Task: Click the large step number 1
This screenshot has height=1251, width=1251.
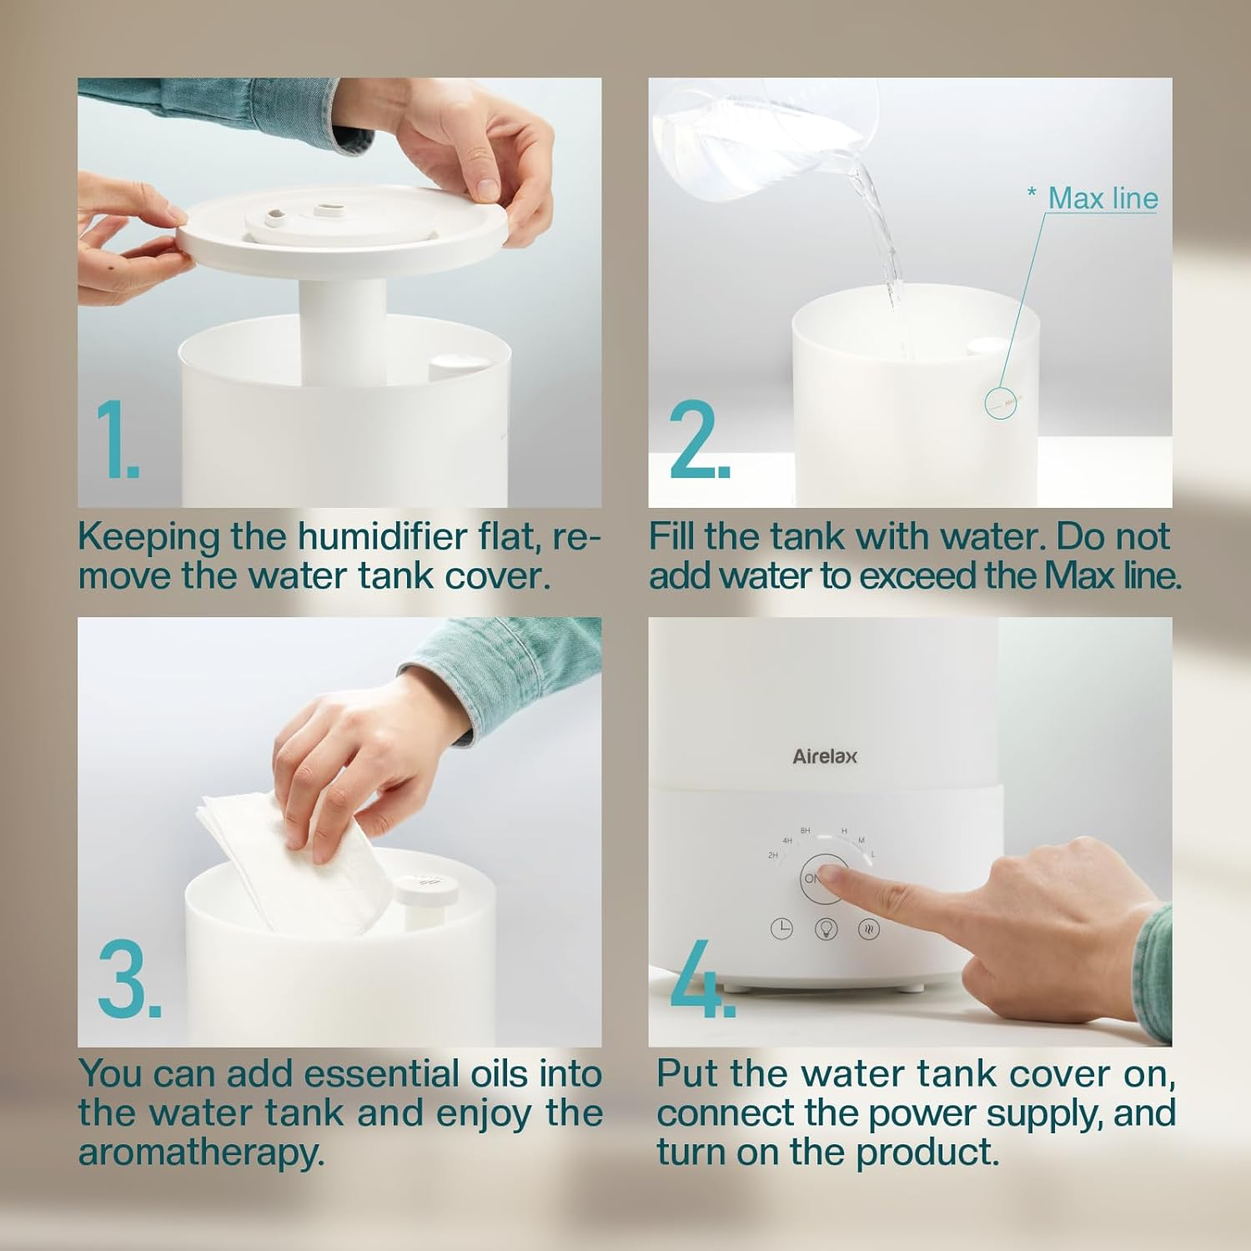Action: coord(117,440)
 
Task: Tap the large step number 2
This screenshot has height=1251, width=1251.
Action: coord(699,440)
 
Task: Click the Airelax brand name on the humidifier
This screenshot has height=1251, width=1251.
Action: coord(824,756)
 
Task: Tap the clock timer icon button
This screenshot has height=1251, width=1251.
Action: coord(781,929)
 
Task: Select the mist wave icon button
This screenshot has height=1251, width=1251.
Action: coord(869,929)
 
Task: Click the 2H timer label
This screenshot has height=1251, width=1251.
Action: coord(773,856)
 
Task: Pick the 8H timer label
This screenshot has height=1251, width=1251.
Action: coord(805,831)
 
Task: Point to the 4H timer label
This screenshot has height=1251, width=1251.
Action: coord(786,841)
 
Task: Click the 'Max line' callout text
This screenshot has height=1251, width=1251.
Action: coord(1103,198)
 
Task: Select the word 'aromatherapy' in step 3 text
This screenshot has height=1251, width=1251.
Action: coord(201,1153)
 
